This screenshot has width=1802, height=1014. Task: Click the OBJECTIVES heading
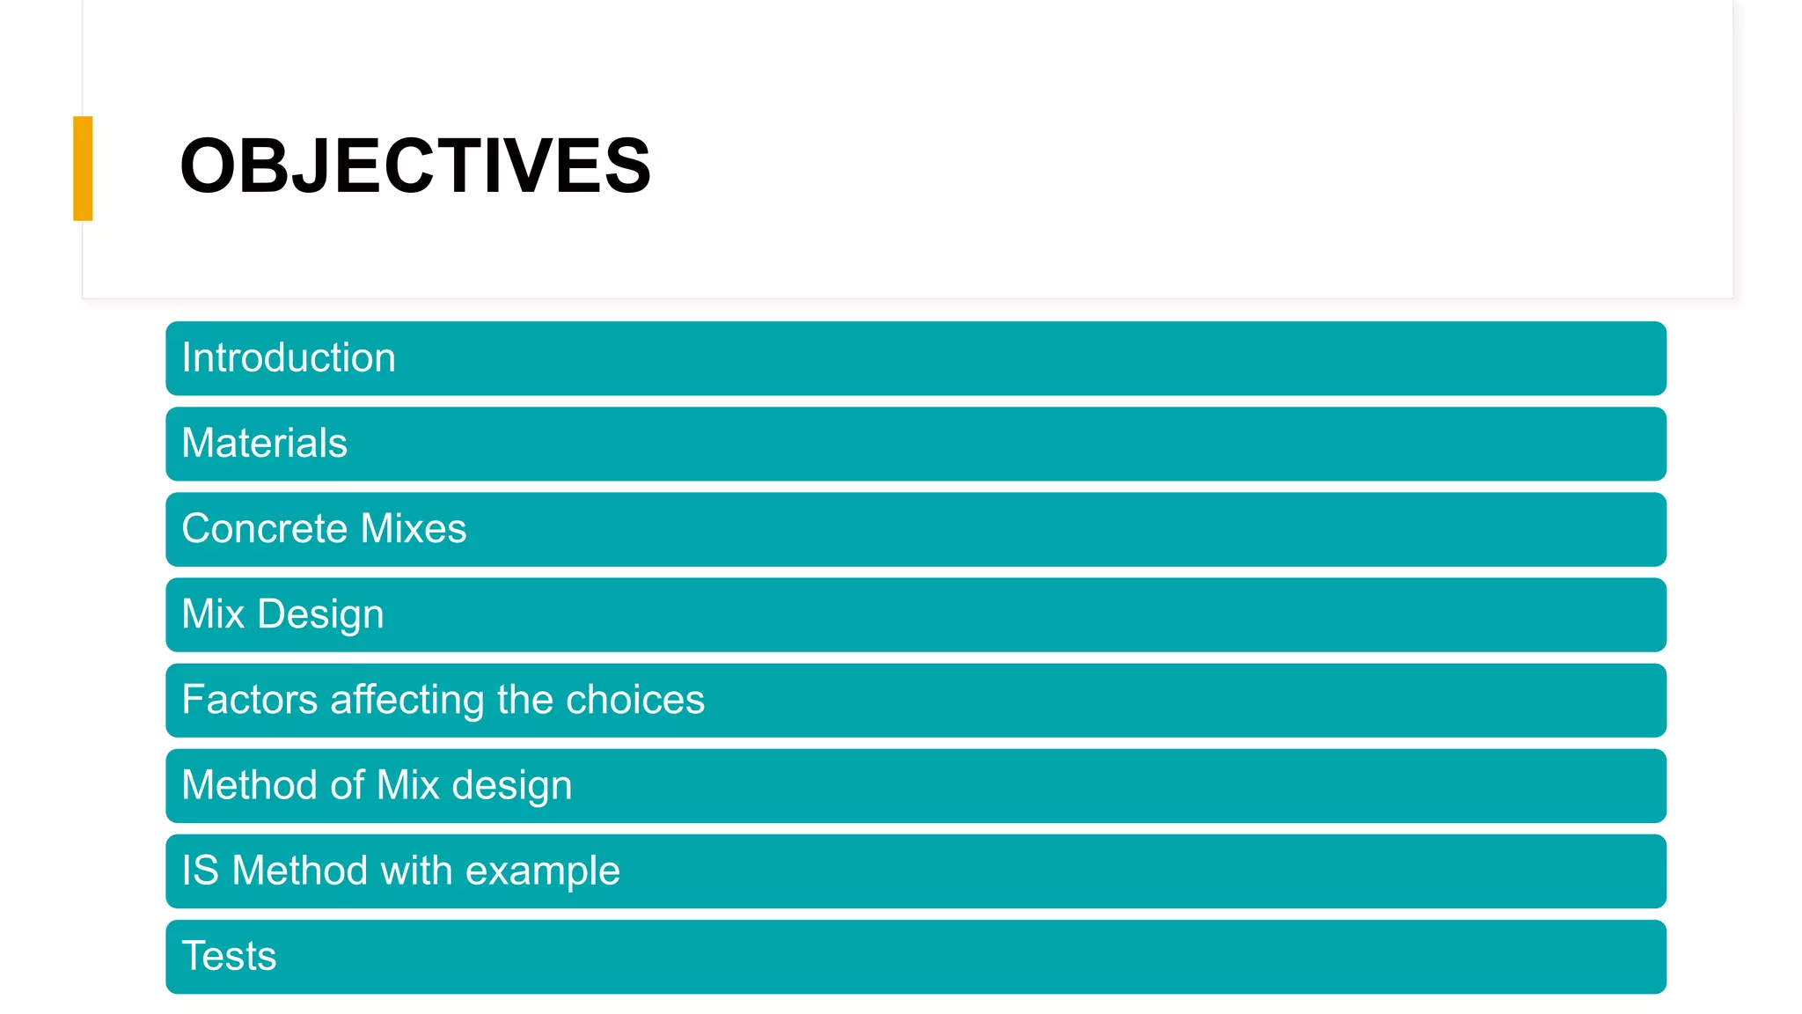coord(414,166)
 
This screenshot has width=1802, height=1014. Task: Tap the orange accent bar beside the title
coord(83,168)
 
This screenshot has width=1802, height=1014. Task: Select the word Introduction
coord(289,358)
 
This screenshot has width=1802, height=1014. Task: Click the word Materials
coord(264,443)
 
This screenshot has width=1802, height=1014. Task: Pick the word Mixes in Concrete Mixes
coord(414,529)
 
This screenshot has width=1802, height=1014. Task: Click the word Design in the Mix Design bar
coord(320,614)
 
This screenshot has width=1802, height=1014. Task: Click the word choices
coord(634,700)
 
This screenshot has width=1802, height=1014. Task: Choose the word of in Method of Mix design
coord(347,785)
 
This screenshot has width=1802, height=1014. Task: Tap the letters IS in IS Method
coord(200,871)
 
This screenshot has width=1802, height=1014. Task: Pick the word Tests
coord(229,956)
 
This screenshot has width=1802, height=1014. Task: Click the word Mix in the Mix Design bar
coord(213,614)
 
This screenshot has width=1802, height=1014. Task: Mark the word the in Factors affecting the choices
coord(524,700)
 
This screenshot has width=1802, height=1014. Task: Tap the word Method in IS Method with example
coord(299,871)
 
